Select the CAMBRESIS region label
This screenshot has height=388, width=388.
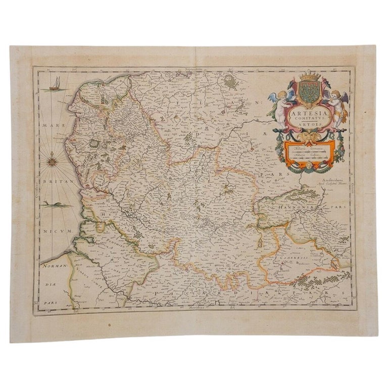[287, 257]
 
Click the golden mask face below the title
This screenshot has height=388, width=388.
[308, 138]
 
